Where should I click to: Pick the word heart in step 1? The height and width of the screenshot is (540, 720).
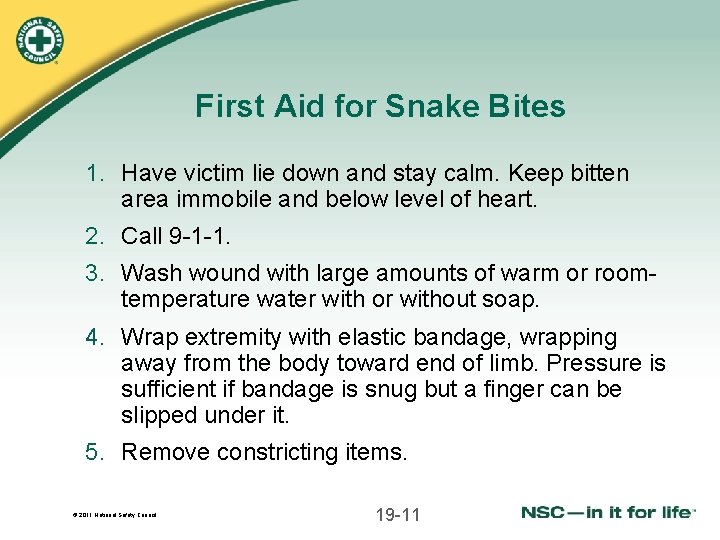[x=504, y=199]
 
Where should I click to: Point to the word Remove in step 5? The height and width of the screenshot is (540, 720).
[x=165, y=452]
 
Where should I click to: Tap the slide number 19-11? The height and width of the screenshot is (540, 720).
[x=398, y=515]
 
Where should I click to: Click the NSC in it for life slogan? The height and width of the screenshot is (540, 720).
[x=607, y=513]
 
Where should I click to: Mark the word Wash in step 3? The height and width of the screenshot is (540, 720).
[x=148, y=272]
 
